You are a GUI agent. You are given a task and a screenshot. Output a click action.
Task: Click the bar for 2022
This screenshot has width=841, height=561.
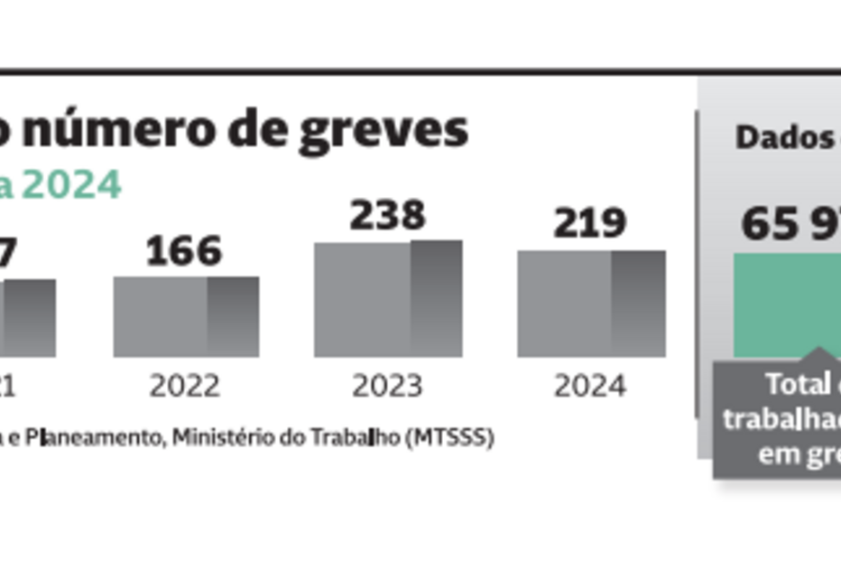[186, 316]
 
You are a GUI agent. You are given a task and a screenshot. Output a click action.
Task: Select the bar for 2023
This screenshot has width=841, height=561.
[388, 299]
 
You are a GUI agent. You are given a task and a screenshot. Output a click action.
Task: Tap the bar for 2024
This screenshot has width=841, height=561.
[591, 304]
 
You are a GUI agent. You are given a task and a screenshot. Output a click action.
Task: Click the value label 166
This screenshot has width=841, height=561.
[183, 251]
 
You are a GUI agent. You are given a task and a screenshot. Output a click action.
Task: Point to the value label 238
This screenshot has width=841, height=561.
[387, 216]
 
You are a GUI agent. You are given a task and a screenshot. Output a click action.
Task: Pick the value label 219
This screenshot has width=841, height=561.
[589, 223]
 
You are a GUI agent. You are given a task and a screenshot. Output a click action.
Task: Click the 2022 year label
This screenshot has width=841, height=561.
[185, 387]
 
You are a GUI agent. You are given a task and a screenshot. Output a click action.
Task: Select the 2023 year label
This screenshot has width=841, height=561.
[387, 387]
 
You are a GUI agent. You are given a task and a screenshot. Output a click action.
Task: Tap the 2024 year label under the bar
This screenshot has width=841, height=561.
[590, 387]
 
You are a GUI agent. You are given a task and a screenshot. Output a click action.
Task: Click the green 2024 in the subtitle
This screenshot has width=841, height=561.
[71, 185]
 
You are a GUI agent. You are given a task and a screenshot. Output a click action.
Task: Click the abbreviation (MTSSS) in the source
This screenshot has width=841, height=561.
[449, 438]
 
